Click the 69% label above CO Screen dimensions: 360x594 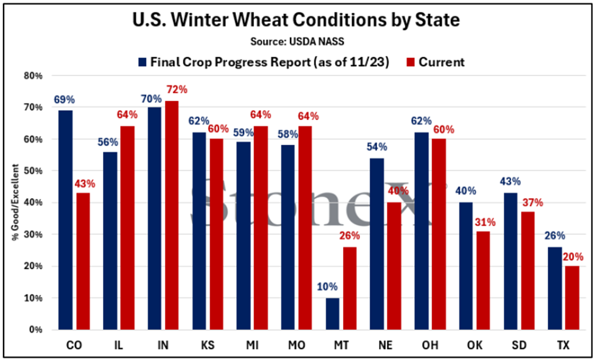tap(63, 99)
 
